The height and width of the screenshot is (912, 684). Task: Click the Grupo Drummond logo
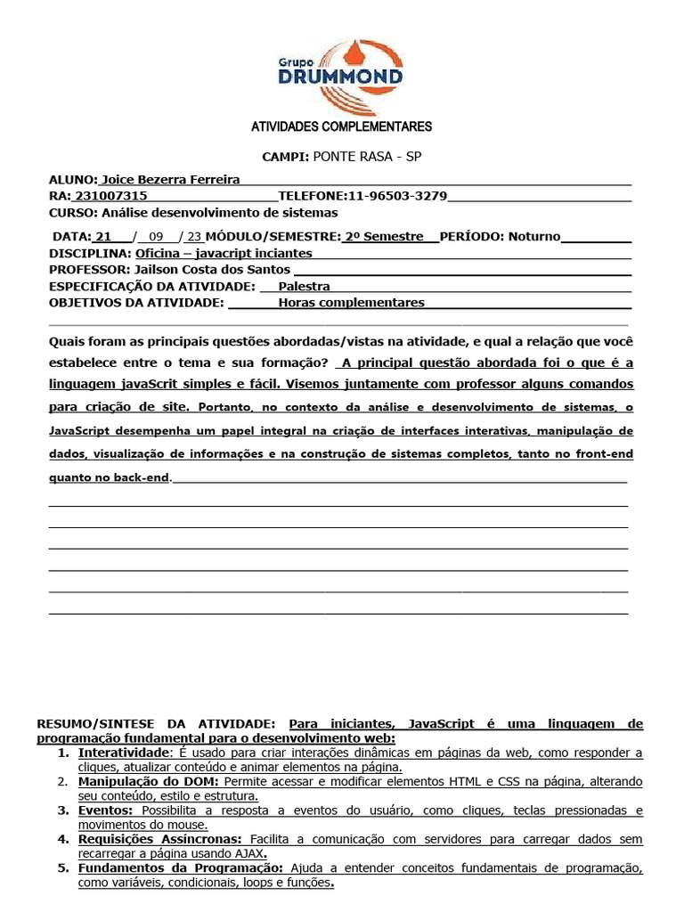click(341, 69)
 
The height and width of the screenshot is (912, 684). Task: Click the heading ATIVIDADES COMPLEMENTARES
click(342, 126)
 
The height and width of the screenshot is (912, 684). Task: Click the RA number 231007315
click(111, 196)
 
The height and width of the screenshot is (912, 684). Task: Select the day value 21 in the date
click(103, 237)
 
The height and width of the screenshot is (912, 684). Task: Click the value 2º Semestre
click(384, 237)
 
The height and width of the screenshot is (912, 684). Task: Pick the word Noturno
click(535, 237)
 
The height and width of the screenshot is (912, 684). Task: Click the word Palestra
click(304, 286)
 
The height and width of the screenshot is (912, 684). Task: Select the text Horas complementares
click(351, 303)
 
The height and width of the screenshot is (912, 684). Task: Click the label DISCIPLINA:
click(90, 253)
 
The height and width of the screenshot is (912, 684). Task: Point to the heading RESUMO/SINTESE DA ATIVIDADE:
click(157, 724)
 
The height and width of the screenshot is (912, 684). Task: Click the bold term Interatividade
click(122, 753)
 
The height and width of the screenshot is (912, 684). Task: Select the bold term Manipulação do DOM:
click(142, 782)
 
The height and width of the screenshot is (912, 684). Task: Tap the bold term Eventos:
click(105, 810)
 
